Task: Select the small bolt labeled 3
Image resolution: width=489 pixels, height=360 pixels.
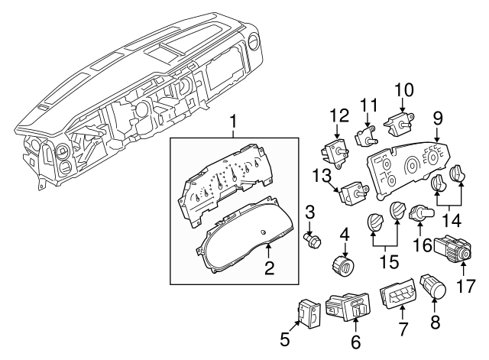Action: point(312,242)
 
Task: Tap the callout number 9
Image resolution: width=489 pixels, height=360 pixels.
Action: point(438,118)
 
